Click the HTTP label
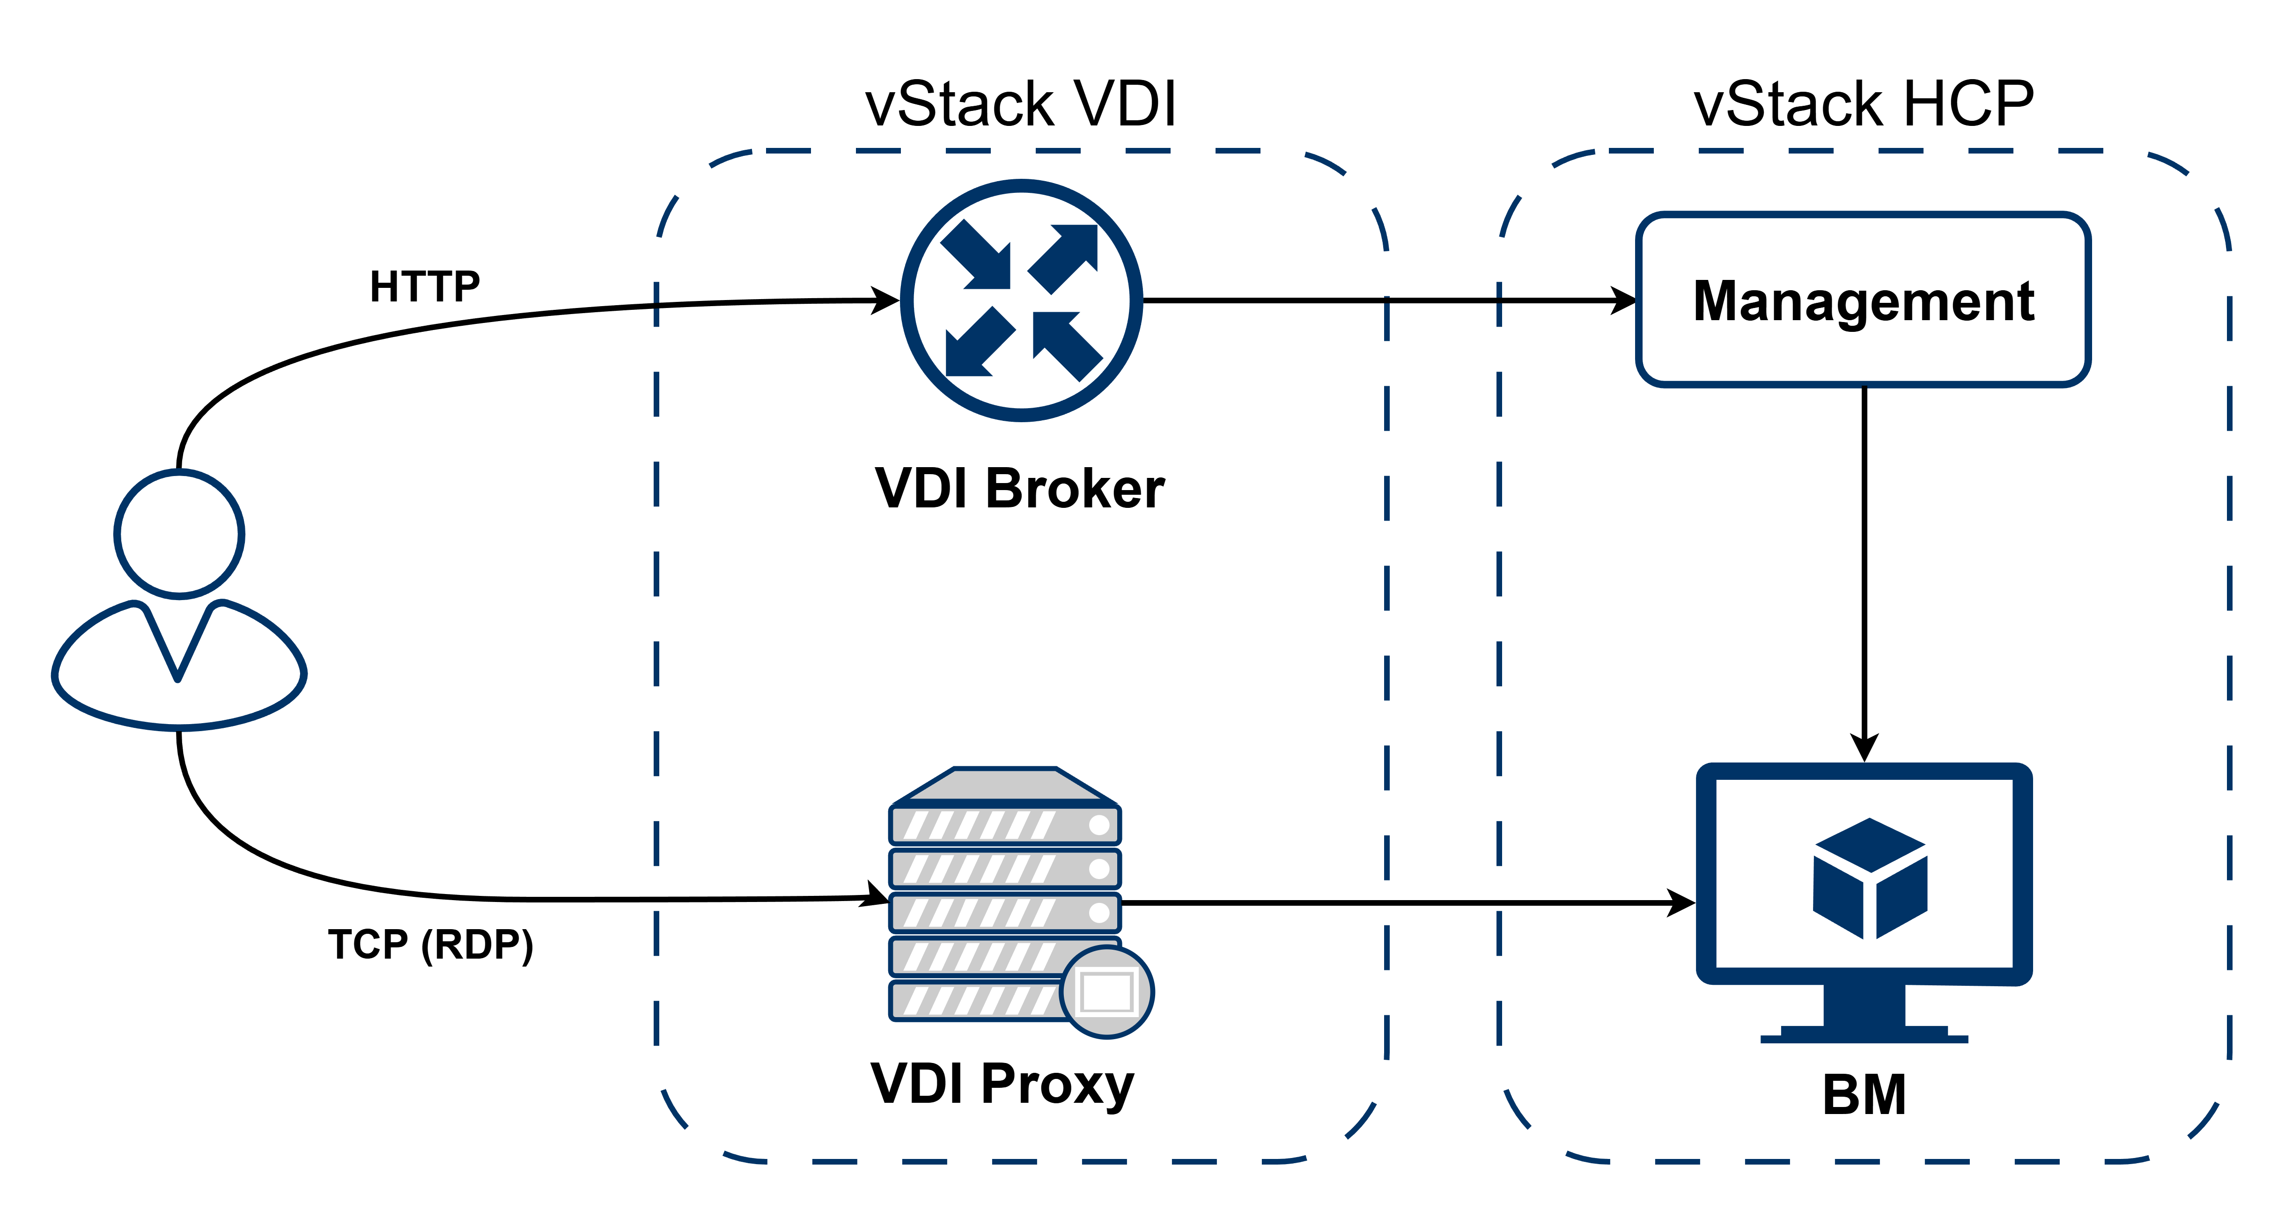(425, 286)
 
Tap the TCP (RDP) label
(431, 945)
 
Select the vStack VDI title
(1021, 105)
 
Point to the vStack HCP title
(1864, 105)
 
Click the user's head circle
(179, 534)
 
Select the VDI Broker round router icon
(1022, 300)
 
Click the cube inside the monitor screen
(1870, 878)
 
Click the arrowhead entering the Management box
(1625, 301)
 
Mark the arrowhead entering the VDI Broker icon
(886, 301)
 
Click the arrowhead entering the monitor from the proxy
(1683, 903)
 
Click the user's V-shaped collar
(178, 643)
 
